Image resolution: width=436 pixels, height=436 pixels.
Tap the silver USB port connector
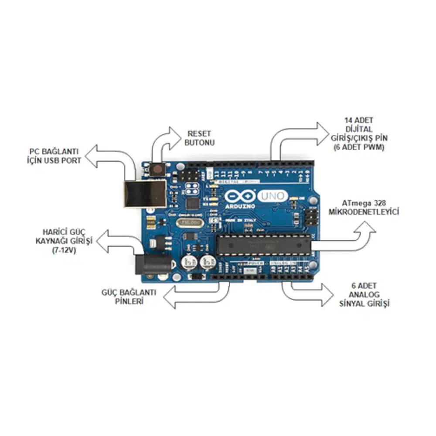tap(144, 194)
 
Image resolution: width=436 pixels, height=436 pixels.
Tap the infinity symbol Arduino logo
tap(239, 195)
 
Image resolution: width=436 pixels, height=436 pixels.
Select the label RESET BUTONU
tap(200, 138)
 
